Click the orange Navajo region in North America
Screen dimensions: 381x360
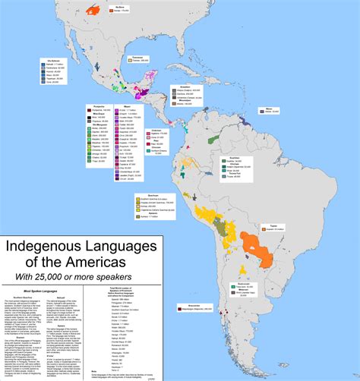click(x=94, y=11)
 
